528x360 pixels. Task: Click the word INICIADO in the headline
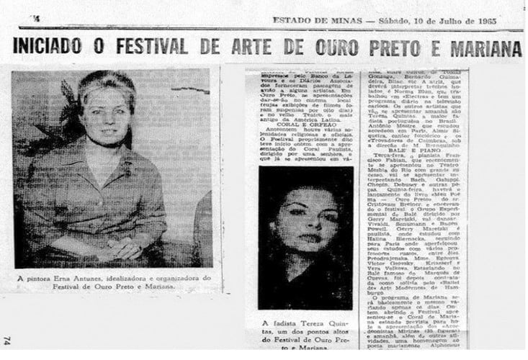(50, 49)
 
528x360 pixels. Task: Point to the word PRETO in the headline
(384, 49)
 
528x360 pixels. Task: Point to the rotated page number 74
(6, 341)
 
